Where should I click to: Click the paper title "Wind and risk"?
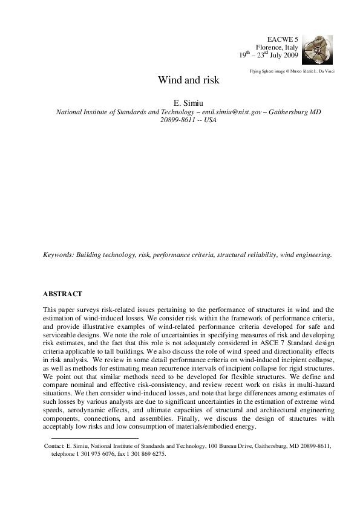pyautogui.click(x=180, y=80)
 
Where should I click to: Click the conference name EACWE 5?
pyautogui.click(x=283, y=39)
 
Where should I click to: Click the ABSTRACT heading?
pyautogui.click(x=62, y=294)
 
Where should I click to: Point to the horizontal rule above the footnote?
pyautogui.click(x=95, y=438)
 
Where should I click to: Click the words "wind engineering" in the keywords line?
pyautogui.click(x=309, y=255)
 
